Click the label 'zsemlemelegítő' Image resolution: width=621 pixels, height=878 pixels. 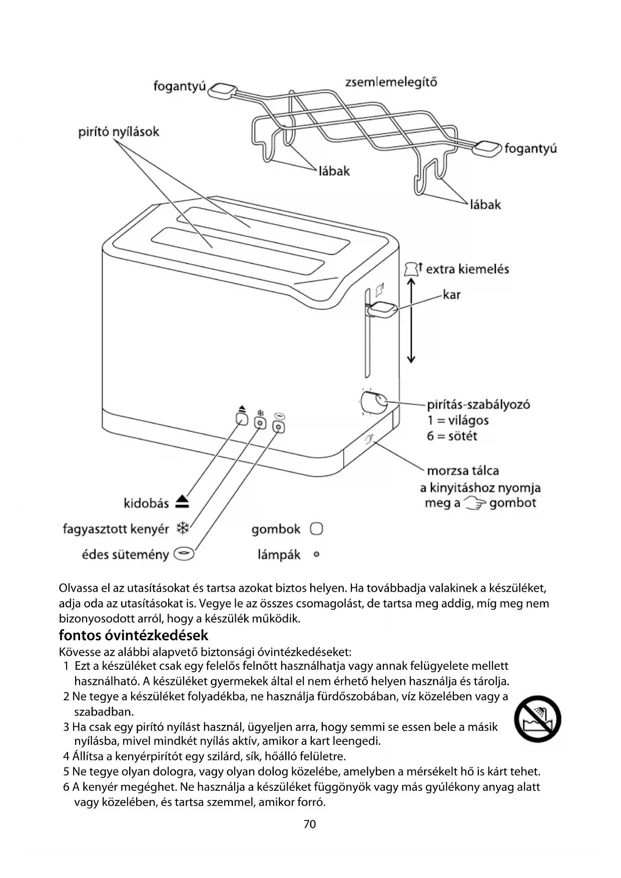(391, 82)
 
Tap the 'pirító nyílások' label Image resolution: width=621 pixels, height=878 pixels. (119, 132)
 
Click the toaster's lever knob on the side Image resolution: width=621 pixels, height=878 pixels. (383, 309)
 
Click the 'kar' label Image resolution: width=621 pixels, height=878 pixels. (451, 295)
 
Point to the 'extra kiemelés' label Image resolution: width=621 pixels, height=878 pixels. (467, 269)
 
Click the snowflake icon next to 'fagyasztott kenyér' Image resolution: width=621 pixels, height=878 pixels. (184, 529)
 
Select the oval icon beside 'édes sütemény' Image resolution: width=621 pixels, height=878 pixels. (184, 554)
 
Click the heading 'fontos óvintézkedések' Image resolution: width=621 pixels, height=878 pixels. (133, 635)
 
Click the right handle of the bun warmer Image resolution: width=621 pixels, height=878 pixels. (487, 148)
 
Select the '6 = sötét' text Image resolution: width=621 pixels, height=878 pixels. (452, 436)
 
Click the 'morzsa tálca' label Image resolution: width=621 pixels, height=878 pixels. (462, 471)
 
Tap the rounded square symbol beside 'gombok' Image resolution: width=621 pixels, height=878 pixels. (316, 529)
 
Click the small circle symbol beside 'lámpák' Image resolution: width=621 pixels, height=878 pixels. (316, 555)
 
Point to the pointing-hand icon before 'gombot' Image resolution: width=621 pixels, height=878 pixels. (475, 503)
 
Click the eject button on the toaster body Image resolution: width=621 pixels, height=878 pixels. (242, 418)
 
